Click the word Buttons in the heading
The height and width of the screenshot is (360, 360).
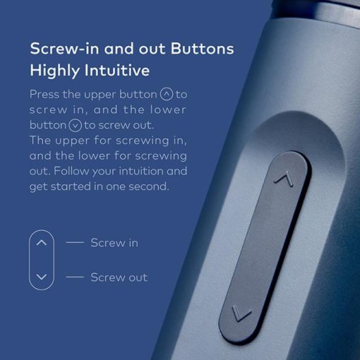[x=203, y=49]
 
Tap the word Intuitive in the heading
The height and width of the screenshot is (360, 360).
[x=117, y=71]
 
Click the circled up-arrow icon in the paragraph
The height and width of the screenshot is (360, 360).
[x=167, y=94]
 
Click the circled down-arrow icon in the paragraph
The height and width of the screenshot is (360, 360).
[x=75, y=126]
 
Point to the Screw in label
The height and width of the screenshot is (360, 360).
[x=114, y=243]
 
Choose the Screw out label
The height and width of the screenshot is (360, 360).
[x=119, y=277]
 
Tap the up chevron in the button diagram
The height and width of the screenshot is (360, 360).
[x=42, y=243]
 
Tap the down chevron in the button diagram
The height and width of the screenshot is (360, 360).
[x=42, y=277]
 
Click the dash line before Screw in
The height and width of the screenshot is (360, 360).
[x=75, y=242]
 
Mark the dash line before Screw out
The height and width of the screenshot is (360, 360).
[x=75, y=277]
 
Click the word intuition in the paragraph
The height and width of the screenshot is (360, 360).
[x=140, y=171]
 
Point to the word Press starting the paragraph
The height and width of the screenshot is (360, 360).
[x=44, y=95]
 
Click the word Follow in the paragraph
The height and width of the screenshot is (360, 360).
[x=71, y=171]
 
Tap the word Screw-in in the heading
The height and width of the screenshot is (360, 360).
[x=64, y=49]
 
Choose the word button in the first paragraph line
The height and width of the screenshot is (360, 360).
[x=138, y=95]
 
